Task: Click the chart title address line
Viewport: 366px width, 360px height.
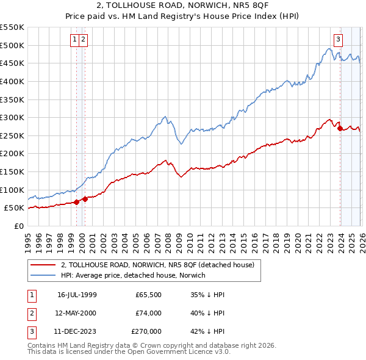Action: tap(182, 6)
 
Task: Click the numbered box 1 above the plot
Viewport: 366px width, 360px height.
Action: tap(74, 40)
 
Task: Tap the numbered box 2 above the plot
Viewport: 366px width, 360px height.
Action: tap(83, 40)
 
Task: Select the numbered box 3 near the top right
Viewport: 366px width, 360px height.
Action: tap(337, 40)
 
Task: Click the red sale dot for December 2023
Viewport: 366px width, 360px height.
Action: tap(340, 129)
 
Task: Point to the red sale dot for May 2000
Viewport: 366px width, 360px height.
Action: tap(85, 199)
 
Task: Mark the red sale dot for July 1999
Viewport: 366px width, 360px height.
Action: tap(76, 202)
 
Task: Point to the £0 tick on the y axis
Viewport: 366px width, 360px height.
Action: tap(18, 226)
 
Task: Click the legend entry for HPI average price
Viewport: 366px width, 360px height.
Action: tap(133, 275)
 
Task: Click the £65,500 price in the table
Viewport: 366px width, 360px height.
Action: tap(149, 294)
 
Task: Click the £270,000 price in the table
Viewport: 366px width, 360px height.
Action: tap(146, 332)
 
